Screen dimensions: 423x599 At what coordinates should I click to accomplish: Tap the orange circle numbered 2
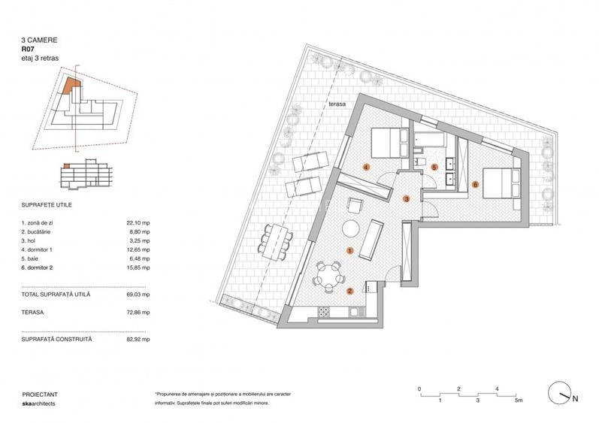(350, 290)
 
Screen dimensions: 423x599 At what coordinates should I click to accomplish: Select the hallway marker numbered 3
(407, 199)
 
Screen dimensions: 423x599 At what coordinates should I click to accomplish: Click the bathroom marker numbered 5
(434, 168)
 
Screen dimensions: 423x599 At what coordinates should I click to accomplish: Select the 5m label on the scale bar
(518, 401)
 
